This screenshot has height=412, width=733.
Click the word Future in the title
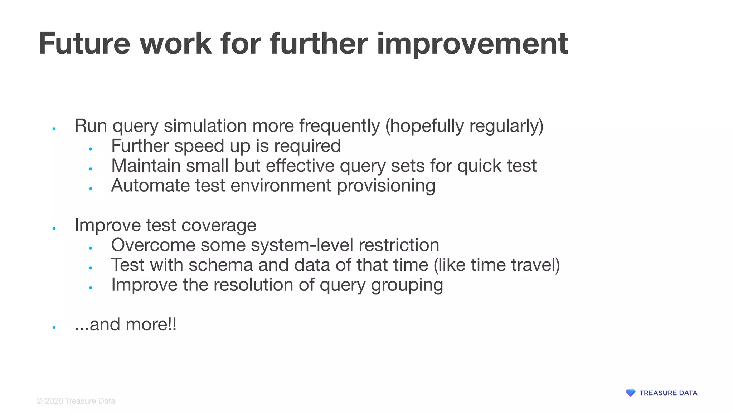84,44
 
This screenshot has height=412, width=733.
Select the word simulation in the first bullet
205,126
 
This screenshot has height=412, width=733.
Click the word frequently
339,126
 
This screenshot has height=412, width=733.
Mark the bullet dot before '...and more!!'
54,327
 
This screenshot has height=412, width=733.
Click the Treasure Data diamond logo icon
630,393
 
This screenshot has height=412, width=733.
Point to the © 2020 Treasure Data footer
76,401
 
